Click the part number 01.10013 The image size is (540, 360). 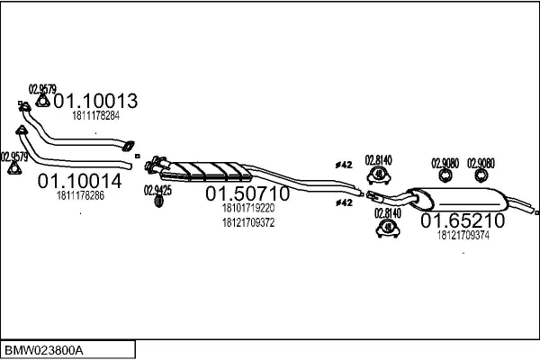pos(95,101)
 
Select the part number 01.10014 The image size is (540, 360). pos(79,181)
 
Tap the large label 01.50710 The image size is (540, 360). pos(247,193)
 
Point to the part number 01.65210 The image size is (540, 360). pos(463,220)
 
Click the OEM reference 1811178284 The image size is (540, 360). pos(95,116)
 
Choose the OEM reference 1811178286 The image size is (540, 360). pos(80,195)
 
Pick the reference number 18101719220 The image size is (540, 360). pos(248,208)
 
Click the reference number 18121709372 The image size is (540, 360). pos(248,223)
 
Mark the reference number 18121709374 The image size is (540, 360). pos(463,235)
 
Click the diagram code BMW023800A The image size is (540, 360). pos(44,351)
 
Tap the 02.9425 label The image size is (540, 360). pos(157,190)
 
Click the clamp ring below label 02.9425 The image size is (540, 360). pos(158,202)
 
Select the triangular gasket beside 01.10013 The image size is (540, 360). pos(42,101)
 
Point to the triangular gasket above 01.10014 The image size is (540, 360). pos(13,168)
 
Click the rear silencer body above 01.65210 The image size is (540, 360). pos(458,200)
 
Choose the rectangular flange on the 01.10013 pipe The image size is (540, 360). pos(128,146)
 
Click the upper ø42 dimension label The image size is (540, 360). pos(344,165)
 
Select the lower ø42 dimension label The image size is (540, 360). pos(344,202)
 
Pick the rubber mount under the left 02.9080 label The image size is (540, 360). pos(445,175)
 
